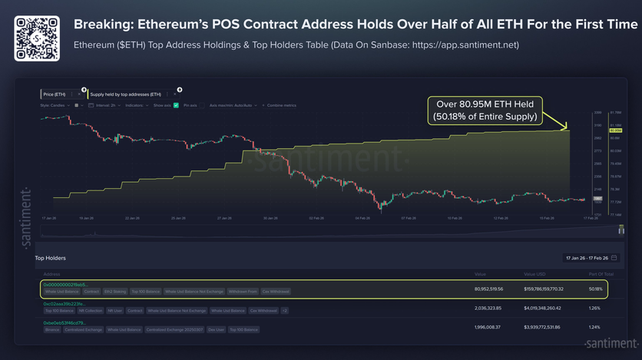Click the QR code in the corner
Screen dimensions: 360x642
[x=37, y=35]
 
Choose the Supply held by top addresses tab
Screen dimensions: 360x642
[x=124, y=94]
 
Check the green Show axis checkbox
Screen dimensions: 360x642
[x=176, y=104]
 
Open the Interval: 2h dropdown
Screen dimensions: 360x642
[x=103, y=104]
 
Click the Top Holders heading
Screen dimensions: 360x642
[x=51, y=258]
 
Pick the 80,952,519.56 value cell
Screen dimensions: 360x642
[x=488, y=289]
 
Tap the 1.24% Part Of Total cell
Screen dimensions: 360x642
[x=593, y=328]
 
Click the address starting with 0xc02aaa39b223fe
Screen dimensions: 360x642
[x=67, y=304]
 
